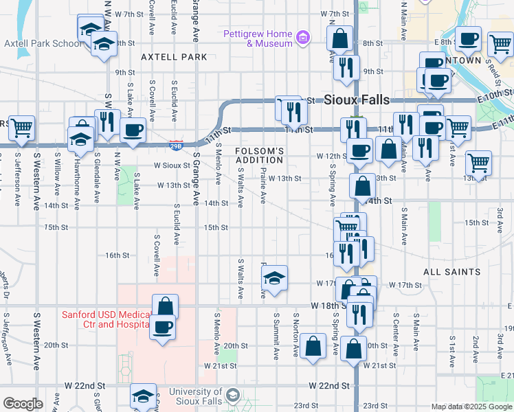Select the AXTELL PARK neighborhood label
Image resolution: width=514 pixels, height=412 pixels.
pos(174,58)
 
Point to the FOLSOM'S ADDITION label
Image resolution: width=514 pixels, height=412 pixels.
pos(260,155)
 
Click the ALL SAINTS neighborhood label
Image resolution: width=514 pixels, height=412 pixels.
pos(451,272)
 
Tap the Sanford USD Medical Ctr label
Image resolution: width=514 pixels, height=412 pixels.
pos(105,319)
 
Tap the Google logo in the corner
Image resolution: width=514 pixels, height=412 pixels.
pos(23,404)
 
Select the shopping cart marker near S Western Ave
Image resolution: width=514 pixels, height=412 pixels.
pos(22,127)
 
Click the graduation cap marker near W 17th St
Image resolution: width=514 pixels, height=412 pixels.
pos(274,277)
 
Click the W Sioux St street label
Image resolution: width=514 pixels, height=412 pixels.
pos(171,165)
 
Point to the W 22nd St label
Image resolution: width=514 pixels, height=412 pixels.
pos(330,386)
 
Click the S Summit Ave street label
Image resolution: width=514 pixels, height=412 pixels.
pos(277,336)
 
